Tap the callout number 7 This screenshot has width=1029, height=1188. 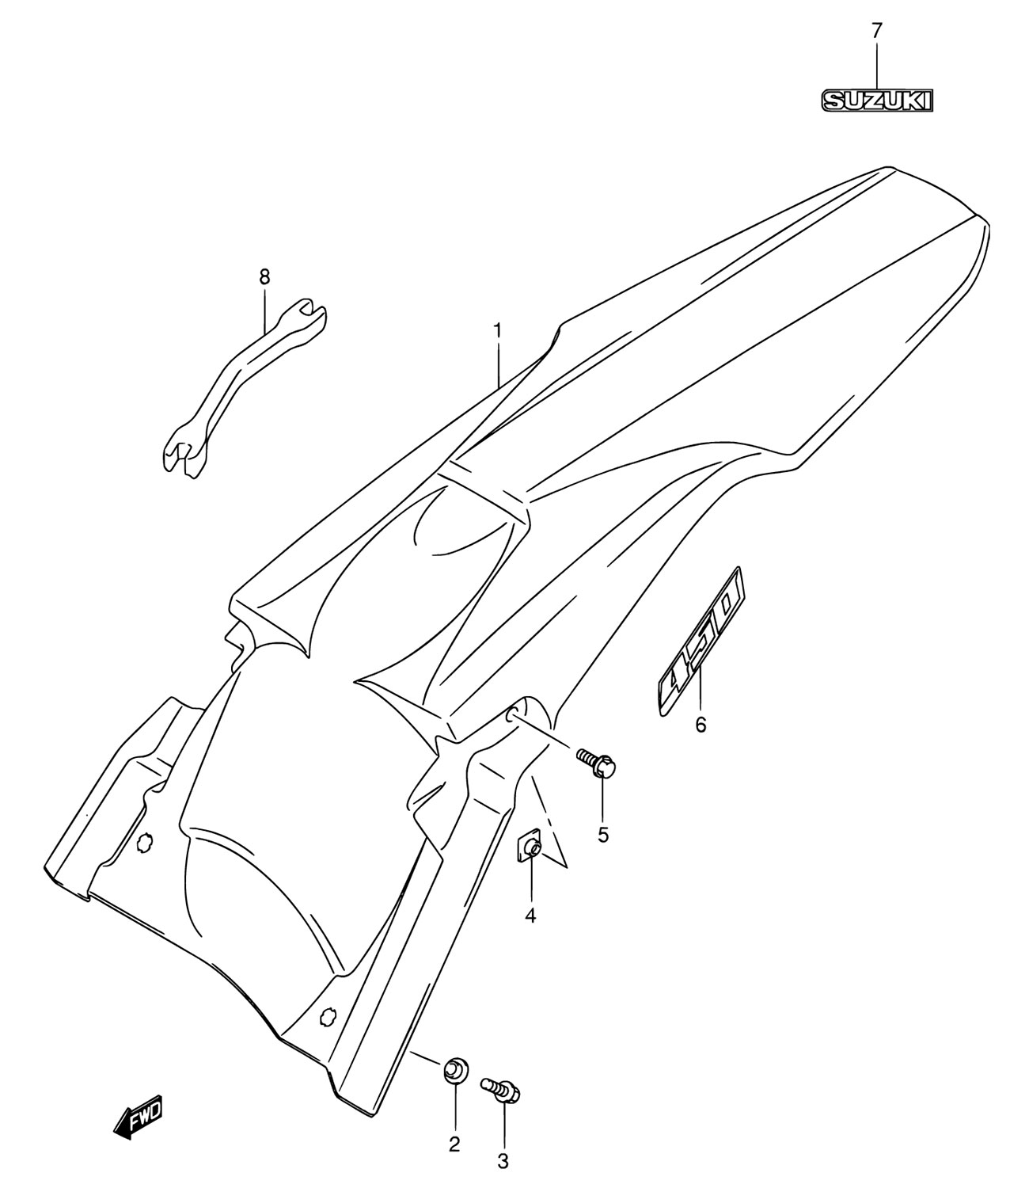[876, 30]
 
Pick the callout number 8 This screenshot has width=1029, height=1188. [264, 277]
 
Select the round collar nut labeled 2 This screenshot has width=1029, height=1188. [455, 1068]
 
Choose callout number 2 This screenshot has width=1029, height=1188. [454, 1145]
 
